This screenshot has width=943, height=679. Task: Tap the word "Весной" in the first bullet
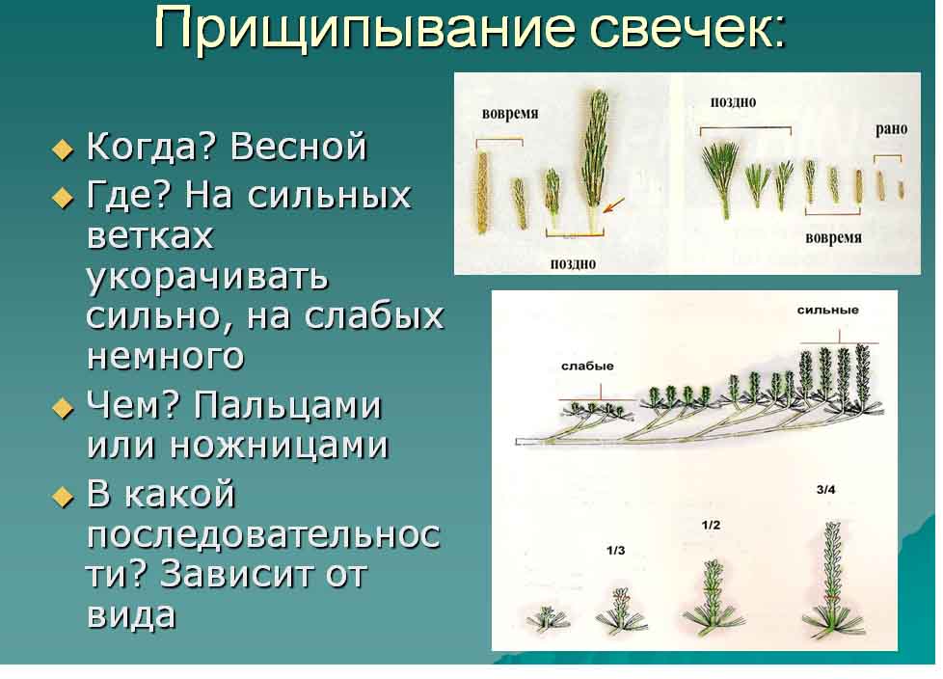coord(298,147)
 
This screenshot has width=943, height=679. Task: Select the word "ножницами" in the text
coord(279,445)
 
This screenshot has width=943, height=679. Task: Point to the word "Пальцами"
coord(287,406)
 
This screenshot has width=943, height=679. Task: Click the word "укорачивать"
coord(207,278)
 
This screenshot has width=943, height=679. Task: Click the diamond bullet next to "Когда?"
coord(63,149)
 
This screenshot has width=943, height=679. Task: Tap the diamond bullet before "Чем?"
coord(63,409)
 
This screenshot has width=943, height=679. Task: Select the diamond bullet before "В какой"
coord(63,497)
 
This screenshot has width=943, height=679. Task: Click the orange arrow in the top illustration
coord(613,205)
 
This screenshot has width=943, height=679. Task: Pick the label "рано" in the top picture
coord(891,128)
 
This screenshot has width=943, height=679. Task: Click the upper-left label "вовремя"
coord(510,114)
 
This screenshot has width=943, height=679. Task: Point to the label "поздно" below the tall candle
coord(573,264)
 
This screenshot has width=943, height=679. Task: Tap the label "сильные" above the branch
coord(827,311)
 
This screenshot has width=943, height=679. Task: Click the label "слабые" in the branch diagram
coord(587,367)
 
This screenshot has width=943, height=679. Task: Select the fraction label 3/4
coord(825,490)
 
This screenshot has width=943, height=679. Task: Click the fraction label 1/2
coord(711,525)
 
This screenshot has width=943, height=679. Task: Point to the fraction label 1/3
coord(616,551)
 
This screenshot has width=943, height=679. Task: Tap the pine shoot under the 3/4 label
coord(832,579)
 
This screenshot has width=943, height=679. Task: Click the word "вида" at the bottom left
coord(131,613)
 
